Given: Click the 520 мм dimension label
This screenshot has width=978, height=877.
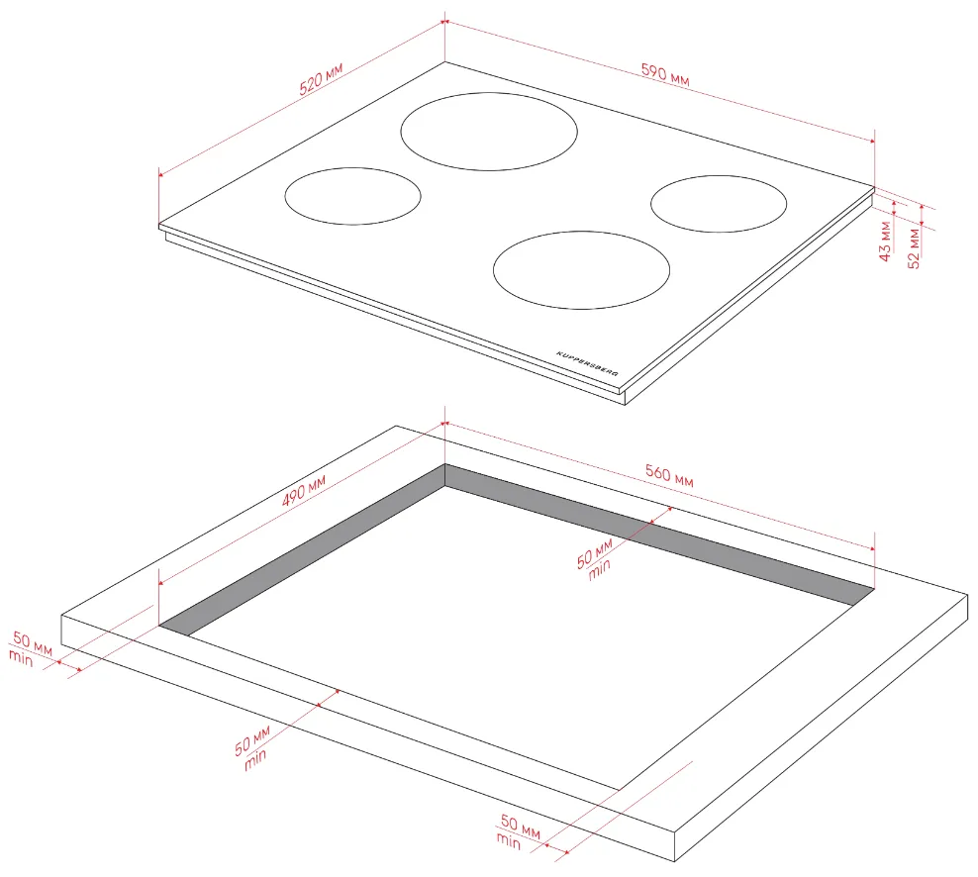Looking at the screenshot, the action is pyautogui.click(x=321, y=78).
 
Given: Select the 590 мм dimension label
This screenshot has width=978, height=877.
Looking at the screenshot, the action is pyautogui.click(x=665, y=74).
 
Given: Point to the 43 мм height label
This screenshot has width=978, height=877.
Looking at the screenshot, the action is pyautogui.click(x=884, y=241).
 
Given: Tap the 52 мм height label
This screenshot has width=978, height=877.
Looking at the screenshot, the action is pyautogui.click(x=914, y=248).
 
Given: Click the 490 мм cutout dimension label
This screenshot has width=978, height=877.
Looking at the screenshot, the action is pyautogui.click(x=304, y=490).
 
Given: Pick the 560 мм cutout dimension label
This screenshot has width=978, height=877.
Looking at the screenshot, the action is pyautogui.click(x=669, y=475).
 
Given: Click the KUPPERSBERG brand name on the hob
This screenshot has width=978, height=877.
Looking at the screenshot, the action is pyautogui.click(x=588, y=363).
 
